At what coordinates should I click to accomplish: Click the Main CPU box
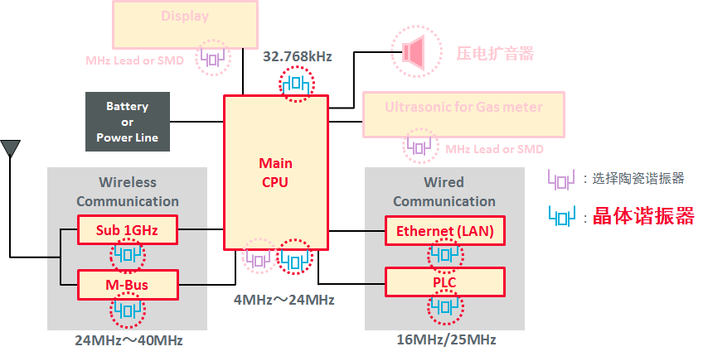pos(276,172)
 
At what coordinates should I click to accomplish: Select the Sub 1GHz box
pos(128,229)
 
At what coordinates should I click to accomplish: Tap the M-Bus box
pos(128,285)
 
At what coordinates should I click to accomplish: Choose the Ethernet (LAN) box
pos(444,231)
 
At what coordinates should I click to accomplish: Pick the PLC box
pos(444,282)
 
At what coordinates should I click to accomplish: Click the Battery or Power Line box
pos(128,121)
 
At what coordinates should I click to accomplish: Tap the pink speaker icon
pos(415,52)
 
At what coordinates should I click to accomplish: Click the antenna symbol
pos(10,149)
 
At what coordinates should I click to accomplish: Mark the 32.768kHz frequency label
pos(297,57)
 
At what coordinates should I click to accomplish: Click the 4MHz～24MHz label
pos(284,298)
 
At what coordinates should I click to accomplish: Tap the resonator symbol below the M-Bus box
pos(128,310)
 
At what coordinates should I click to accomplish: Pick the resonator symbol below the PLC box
pos(444,308)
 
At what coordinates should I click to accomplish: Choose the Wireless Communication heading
pos(128,191)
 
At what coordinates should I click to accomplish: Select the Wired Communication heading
pos(444,191)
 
